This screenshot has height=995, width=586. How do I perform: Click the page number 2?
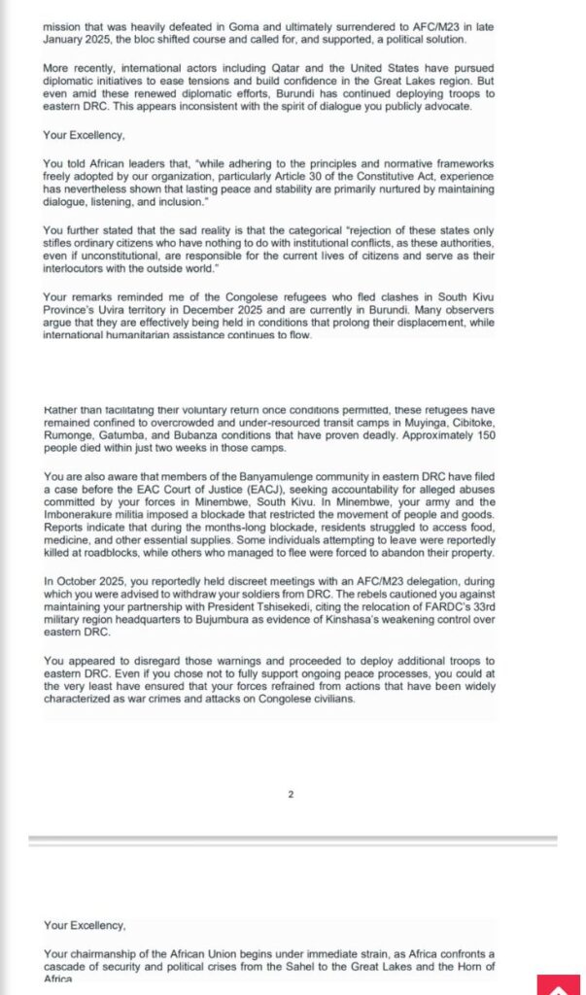coord(291,794)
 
